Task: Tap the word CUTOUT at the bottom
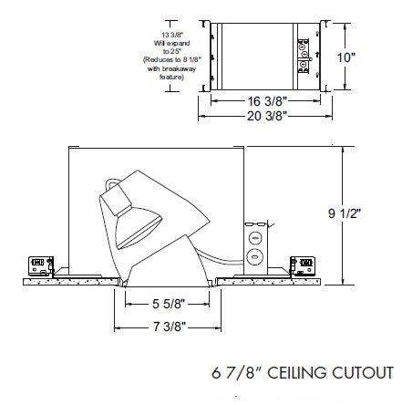(365, 373)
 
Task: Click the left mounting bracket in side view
(42, 265)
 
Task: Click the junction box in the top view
(304, 56)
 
